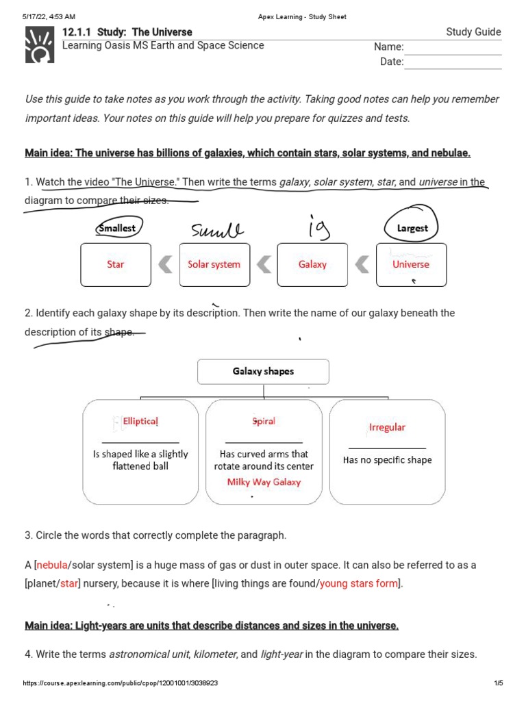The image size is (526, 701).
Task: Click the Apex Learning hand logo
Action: pyautogui.click(x=40, y=45)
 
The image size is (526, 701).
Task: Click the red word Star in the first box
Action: pyautogui.click(x=115, y=264)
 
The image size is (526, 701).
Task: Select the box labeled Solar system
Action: pyautogui.click(x=214, y=264)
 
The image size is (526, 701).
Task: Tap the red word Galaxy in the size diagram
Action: pyautogui.click(x=312, y=264)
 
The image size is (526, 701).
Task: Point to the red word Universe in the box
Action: pyautogui.click(x=411, y=264)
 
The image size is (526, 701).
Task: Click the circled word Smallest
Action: pyautogui.click(x=117, y=228)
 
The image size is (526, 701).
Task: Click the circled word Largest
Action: pyautogui.click(x=412, y=228)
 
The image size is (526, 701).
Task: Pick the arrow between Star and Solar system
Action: pyautogui.click(x=164, y=264)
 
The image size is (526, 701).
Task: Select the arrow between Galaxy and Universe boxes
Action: pyautogui.click(x=362, y=264)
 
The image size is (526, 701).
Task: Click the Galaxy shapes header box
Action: pyautogui.click(x=263, y=371)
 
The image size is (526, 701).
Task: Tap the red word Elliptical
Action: pyautogui.click(x=140, y=422)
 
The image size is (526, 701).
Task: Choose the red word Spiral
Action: pyautogui.click(x=264, y=421)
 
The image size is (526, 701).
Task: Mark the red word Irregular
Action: pyautogui.click(x=387, y=427)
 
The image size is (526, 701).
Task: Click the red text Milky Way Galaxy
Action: pyautogui.click(x=264, y=482)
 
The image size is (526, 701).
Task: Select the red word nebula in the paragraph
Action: pyautogui.click(x=52, y=565)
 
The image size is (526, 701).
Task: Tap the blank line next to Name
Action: pyautogui.click(x=453, y=47)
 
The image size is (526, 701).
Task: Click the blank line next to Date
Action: pyautogui.click(x=453, y=62)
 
